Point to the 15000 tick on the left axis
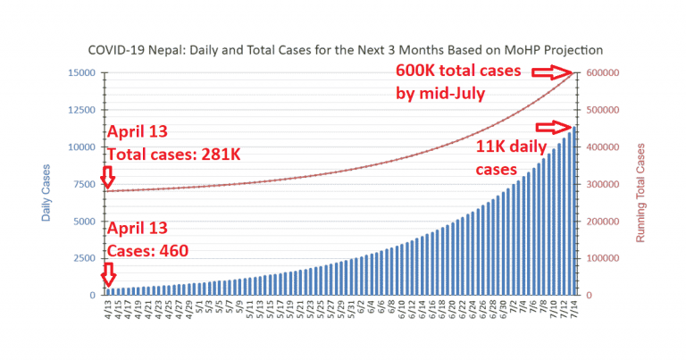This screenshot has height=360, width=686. point(82,72)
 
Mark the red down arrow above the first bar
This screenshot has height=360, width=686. point(108,272)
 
